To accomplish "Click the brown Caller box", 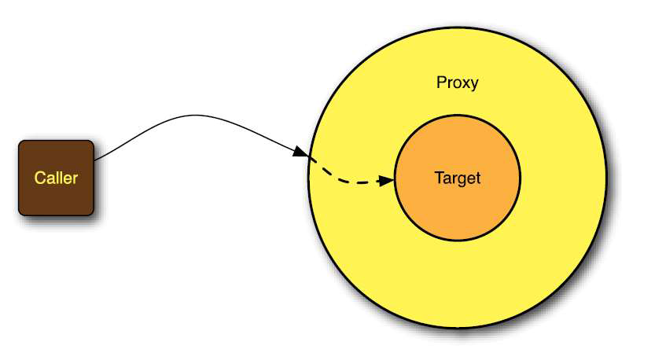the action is (x=56, y=197).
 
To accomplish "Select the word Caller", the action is (x=56, y=178).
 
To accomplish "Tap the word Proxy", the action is (x=457, y=83).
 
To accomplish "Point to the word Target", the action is (x=457, y=178).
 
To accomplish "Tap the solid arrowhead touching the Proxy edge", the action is (x=300, y=152).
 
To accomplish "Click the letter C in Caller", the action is (x=39, y=178).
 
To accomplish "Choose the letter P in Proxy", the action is (x=440, y=83).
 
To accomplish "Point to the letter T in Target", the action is (x=438, y=178).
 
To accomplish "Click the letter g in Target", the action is (x=463, y=180).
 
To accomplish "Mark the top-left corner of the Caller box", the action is (x=20, y=142).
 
